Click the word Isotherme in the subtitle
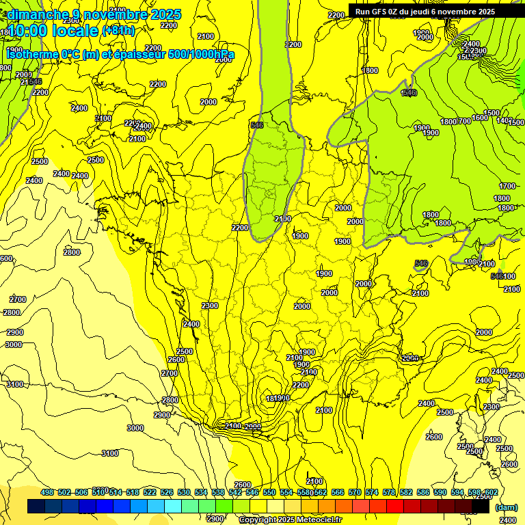click(x=31, y=54)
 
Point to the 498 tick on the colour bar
click(x=47, y=493)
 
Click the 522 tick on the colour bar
click(x=150, y=493)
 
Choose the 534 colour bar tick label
click(x=201, y=493)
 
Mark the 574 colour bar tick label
click(x=372, y=493)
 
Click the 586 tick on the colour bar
click(x=423, y=493)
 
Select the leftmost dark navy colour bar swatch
click(x=36, y=507)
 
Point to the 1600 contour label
click(x=480, y=118)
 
